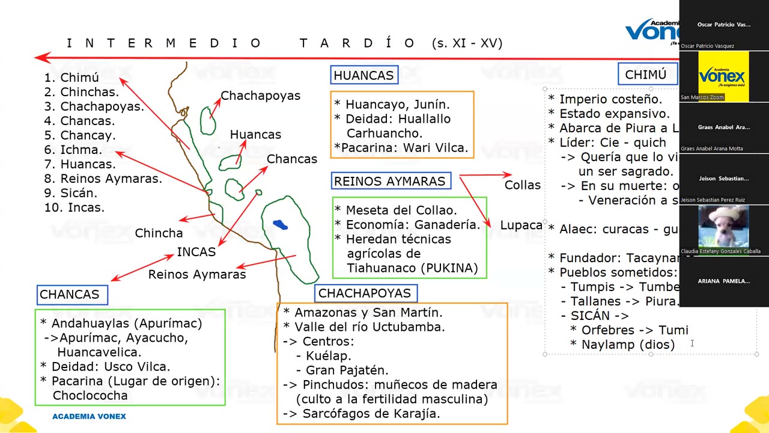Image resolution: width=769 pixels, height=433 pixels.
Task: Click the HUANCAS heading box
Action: [x=364, y=75]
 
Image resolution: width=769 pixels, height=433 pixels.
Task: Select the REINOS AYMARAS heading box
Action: [x=391, y=181]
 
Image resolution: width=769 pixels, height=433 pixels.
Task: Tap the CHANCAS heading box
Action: [x=71, y=295]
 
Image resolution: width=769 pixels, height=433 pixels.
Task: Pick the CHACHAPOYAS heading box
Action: [x=365, y=293]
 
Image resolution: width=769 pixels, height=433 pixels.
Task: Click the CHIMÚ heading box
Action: [x=646, y=75]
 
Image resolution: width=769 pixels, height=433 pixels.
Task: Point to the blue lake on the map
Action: [x=280, y=225]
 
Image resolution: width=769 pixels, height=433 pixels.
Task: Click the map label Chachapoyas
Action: [x=260, y=96]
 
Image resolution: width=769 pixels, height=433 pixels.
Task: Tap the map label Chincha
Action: [x=159, y=233]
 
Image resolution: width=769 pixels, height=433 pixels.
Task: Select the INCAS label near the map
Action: [x=196, y=252]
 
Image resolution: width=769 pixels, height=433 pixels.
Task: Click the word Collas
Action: [x=522, y=185]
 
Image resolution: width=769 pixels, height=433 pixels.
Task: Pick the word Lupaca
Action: [x=521, y=225]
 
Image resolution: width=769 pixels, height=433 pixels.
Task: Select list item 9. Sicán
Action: [x=71, y=193]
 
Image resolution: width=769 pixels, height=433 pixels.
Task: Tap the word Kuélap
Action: [x=328, y=356]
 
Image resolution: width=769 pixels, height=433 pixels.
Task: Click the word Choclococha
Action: [x=90, y=396]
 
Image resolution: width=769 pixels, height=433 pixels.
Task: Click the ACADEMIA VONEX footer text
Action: [x=89, y=416]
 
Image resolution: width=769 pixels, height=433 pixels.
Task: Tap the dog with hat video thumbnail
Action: [x=723, y=227]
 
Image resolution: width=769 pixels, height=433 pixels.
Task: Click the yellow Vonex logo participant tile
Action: [x=723, y=76]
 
